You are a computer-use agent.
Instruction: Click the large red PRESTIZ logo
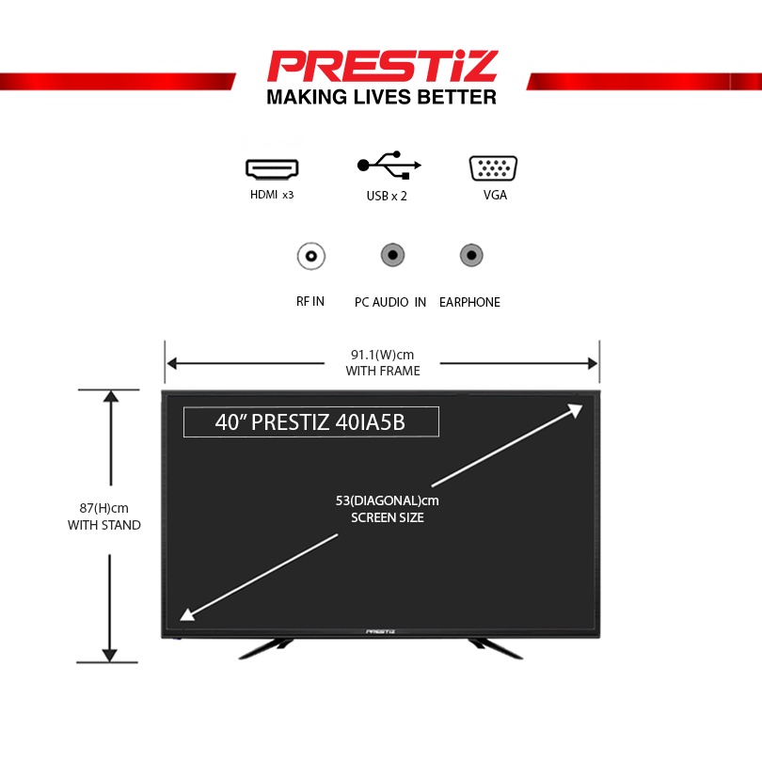[x=381, y=66]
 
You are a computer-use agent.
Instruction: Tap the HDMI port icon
[x=272, y=168]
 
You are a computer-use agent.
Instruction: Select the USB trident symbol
[x=389, y=166]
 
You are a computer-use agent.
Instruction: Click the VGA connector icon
[x=493, y=168]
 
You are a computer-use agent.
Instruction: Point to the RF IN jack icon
[x=310, y=255]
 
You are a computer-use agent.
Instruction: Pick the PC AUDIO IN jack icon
[x=391, y=255]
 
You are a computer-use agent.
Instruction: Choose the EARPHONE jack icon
[x=470, y=255]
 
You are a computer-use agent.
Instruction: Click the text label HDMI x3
[x=272, y=196]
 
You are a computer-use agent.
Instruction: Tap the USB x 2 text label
[x=387, y=197]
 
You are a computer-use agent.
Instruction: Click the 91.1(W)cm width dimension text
[x=382, y=355]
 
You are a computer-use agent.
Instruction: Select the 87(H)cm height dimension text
[x=103, y=508]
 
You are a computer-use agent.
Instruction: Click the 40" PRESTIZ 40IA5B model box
[x=310, y=422]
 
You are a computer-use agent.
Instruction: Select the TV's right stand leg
[x=496, y=647]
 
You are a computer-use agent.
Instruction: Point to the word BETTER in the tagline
[x=457, y=97]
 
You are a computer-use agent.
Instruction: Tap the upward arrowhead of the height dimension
[x=111, y=396]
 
